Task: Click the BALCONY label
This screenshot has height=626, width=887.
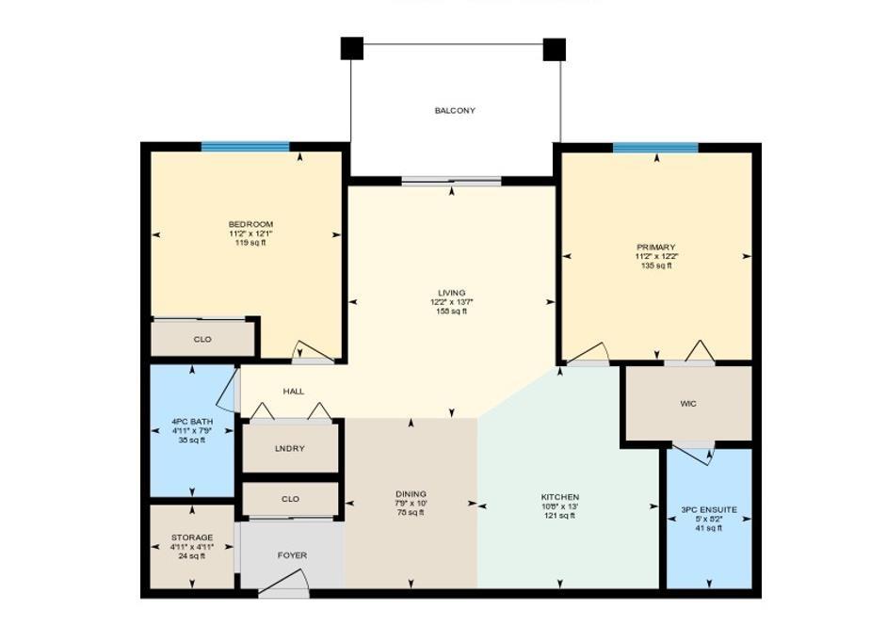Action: pos(455,111)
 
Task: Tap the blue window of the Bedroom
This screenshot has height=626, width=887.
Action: pos(245,147)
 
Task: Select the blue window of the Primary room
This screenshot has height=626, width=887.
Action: pos(655,148)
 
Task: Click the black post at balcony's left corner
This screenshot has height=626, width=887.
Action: pos(351,48)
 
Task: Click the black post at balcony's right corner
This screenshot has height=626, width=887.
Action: pos(554,49)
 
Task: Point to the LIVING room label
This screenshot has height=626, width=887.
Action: pos(451,293)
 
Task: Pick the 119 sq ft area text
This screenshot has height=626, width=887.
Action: pos(250,243)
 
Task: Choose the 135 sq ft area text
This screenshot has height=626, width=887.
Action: pos(655,266)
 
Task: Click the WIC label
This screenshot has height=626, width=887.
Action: pos(688,404)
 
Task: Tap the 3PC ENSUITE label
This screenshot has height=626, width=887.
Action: pos(708,510)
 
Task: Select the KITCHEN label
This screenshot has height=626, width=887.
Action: pos(559,497)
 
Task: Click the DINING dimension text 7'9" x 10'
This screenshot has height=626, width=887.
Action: pos(411,504)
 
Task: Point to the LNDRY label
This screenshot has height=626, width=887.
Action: pos(290,449)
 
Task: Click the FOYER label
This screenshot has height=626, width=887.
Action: pos(292,555)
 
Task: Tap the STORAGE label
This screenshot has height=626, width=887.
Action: pos(192,538)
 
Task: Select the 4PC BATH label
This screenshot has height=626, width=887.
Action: pos(192,421)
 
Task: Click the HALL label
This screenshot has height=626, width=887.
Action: pos(294,392)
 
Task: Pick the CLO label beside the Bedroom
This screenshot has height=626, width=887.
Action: pos(202,339)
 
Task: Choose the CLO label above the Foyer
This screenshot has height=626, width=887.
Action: pos(290,500)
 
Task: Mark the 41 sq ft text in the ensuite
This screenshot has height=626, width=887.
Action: pos(708,528)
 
